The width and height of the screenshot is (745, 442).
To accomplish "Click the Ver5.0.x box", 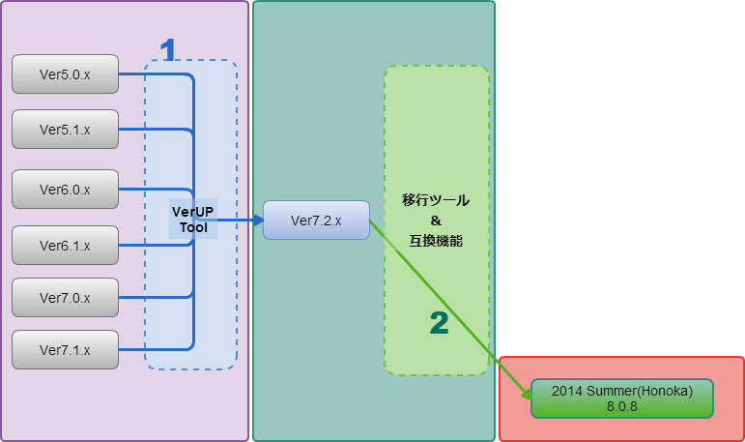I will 65,74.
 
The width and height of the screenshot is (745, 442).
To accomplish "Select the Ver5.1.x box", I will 65,130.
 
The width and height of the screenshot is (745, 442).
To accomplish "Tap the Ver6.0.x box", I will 65,190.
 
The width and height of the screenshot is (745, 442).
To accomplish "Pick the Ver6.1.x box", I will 65,246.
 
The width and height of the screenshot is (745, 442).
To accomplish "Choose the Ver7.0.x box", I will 65,298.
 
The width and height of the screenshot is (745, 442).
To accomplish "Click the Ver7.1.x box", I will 65,350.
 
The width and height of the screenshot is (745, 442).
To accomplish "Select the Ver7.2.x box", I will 316,221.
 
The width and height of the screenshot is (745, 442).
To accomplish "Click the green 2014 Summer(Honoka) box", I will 622,398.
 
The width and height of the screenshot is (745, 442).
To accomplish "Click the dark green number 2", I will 439,323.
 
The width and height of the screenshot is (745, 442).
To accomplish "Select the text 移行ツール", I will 436,200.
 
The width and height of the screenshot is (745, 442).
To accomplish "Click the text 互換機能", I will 436,241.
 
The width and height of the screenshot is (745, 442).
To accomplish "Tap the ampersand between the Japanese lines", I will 436,221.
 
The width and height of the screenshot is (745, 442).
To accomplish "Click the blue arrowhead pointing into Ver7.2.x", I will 258,221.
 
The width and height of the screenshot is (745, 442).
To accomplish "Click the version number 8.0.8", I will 622,407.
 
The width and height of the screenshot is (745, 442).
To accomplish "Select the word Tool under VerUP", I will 193,227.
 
